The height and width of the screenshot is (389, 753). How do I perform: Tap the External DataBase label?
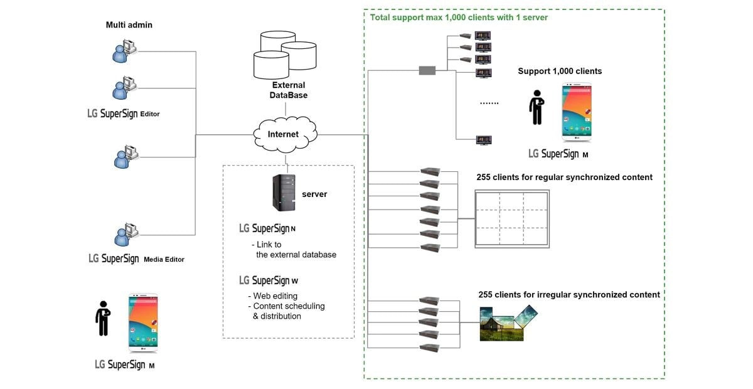point(289,90)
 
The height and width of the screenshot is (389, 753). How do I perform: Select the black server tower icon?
point(284,193)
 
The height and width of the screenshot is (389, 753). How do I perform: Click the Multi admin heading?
point(129,25)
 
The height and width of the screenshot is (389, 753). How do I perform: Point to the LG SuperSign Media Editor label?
point(137,258)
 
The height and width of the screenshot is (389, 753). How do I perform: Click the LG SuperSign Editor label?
point(124,114)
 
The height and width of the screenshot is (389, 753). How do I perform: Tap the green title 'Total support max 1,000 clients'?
point(459,18)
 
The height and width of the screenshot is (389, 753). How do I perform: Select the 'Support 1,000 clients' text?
point(560,71)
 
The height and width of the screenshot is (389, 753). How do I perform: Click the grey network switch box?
point(427,70)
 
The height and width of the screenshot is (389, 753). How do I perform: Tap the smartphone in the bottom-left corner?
point(143,321)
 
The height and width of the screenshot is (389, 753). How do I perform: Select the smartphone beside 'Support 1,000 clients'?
point(576,112)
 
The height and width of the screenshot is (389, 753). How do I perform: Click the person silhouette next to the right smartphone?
point(537,108)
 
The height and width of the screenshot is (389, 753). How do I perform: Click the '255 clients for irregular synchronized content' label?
point(569,294)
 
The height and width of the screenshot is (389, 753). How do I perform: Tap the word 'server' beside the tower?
point(314,194)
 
